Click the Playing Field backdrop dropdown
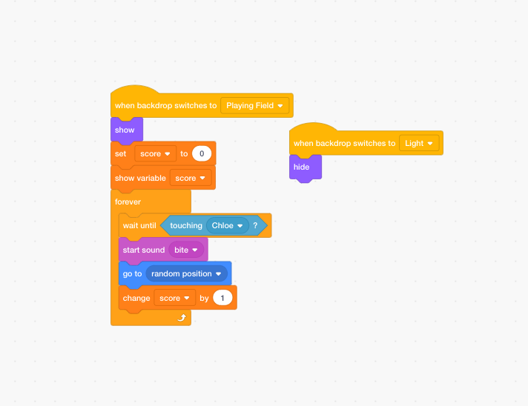(255, 106)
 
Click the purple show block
(125, 130)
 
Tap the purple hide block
(302, 167)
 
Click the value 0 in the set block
(202, 154)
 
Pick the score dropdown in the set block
(156, 154)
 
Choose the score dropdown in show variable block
(191, 178)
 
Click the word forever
(128, 202)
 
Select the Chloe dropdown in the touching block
(227, 225)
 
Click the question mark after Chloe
(255, 225)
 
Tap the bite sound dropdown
(186, 250)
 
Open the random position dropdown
(186, 274)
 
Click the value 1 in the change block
(222, 298)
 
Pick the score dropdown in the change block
(175, 298)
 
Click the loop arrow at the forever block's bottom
(182, 317)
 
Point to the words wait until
(140, 225)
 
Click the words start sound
(142, 250)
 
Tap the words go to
(132, 274)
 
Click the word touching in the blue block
(186, 225)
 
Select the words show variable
(140, 178)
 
